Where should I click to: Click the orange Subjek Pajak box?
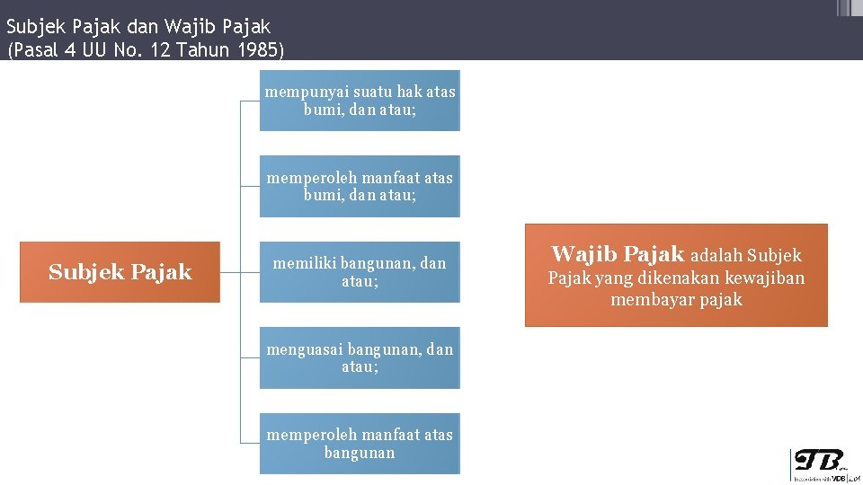(x=120, y=272)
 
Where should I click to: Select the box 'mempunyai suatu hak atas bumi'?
(x=360, y=101)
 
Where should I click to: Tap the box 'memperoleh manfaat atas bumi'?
(x=360, y=187)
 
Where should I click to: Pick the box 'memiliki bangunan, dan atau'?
(x=360, y=272)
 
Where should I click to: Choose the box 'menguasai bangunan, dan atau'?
(x=360, y=357)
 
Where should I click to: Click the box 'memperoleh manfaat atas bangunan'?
(x=360, y=444)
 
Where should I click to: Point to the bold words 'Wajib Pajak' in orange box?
(x=617, y=254)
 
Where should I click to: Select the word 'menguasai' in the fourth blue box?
(x=305, y=348)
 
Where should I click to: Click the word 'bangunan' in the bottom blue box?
(x=360, y=454)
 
